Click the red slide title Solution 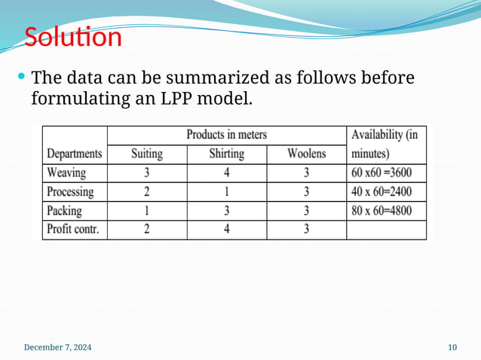(x=72, y=36)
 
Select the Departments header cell (x=75, y=154)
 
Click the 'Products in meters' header (x=226, y=136)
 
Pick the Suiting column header (x=147, y=154)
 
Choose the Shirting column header (x=226, y=154)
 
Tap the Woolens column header (x=306, y=154)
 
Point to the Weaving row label (x=66, y=172)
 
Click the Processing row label (x=70, y=191)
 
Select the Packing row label (x=64, y=210)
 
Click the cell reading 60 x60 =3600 (x=386, y=172)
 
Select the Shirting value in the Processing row (x=226, y=191)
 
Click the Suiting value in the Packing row (x=147, y=210)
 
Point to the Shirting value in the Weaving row (x=226, y=172)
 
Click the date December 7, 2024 (x=58, y=347)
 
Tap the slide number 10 (x=452, y=347)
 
